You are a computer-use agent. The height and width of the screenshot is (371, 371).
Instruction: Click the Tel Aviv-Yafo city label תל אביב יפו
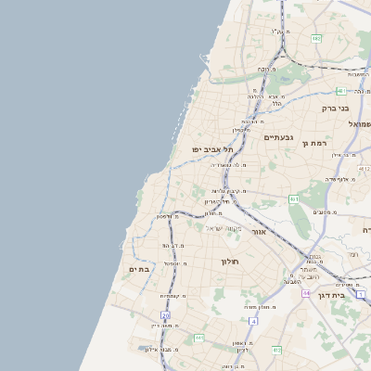click(x=210, y=148)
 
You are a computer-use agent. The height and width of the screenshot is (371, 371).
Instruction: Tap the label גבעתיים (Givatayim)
click(x=278, y=137)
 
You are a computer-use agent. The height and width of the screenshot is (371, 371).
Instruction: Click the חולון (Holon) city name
click(x=230, y=262)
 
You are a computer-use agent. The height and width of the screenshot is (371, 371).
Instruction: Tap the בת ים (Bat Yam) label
click(x=139, y=269)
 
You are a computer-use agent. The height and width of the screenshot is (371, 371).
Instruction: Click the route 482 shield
click(x=316, y=39)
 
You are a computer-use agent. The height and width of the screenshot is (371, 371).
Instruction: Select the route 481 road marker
click(x=340, y=91)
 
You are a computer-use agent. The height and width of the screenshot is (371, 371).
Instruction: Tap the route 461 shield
click(x=294, y=198)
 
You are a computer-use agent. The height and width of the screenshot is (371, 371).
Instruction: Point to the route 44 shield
click(x=305, y=292)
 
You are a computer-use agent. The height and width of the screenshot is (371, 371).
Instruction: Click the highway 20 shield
click(x=165, y=315)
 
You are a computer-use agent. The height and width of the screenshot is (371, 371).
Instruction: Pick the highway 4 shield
click(x=251, y=321)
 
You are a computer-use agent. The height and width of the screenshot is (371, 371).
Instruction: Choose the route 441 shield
click(x=199, y=339)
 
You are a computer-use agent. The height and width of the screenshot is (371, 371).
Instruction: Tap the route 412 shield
click(x=277, y=350)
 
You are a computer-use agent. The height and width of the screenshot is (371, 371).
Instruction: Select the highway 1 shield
click(x=361, y=294)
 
